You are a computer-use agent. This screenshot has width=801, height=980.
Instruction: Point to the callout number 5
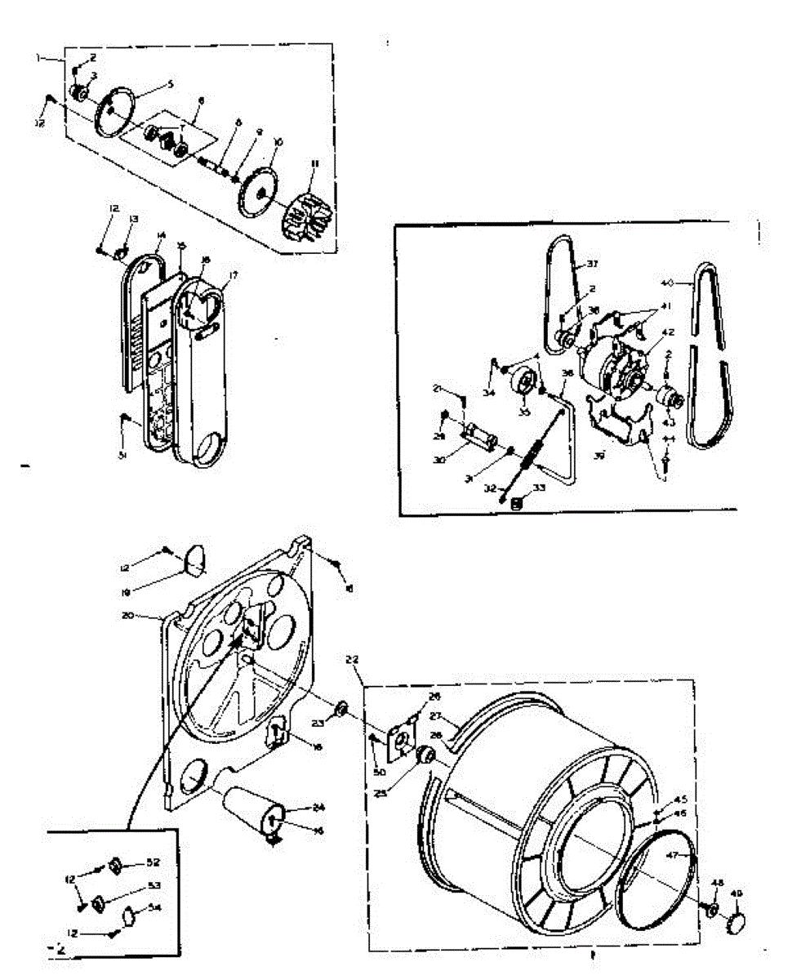pyautogui.click(x=170, y=83)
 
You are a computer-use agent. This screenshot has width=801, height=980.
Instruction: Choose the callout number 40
pyautogui.click(x=668, y=283)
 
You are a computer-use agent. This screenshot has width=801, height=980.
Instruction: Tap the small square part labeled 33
pyautogui.click(x=515, y=504)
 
